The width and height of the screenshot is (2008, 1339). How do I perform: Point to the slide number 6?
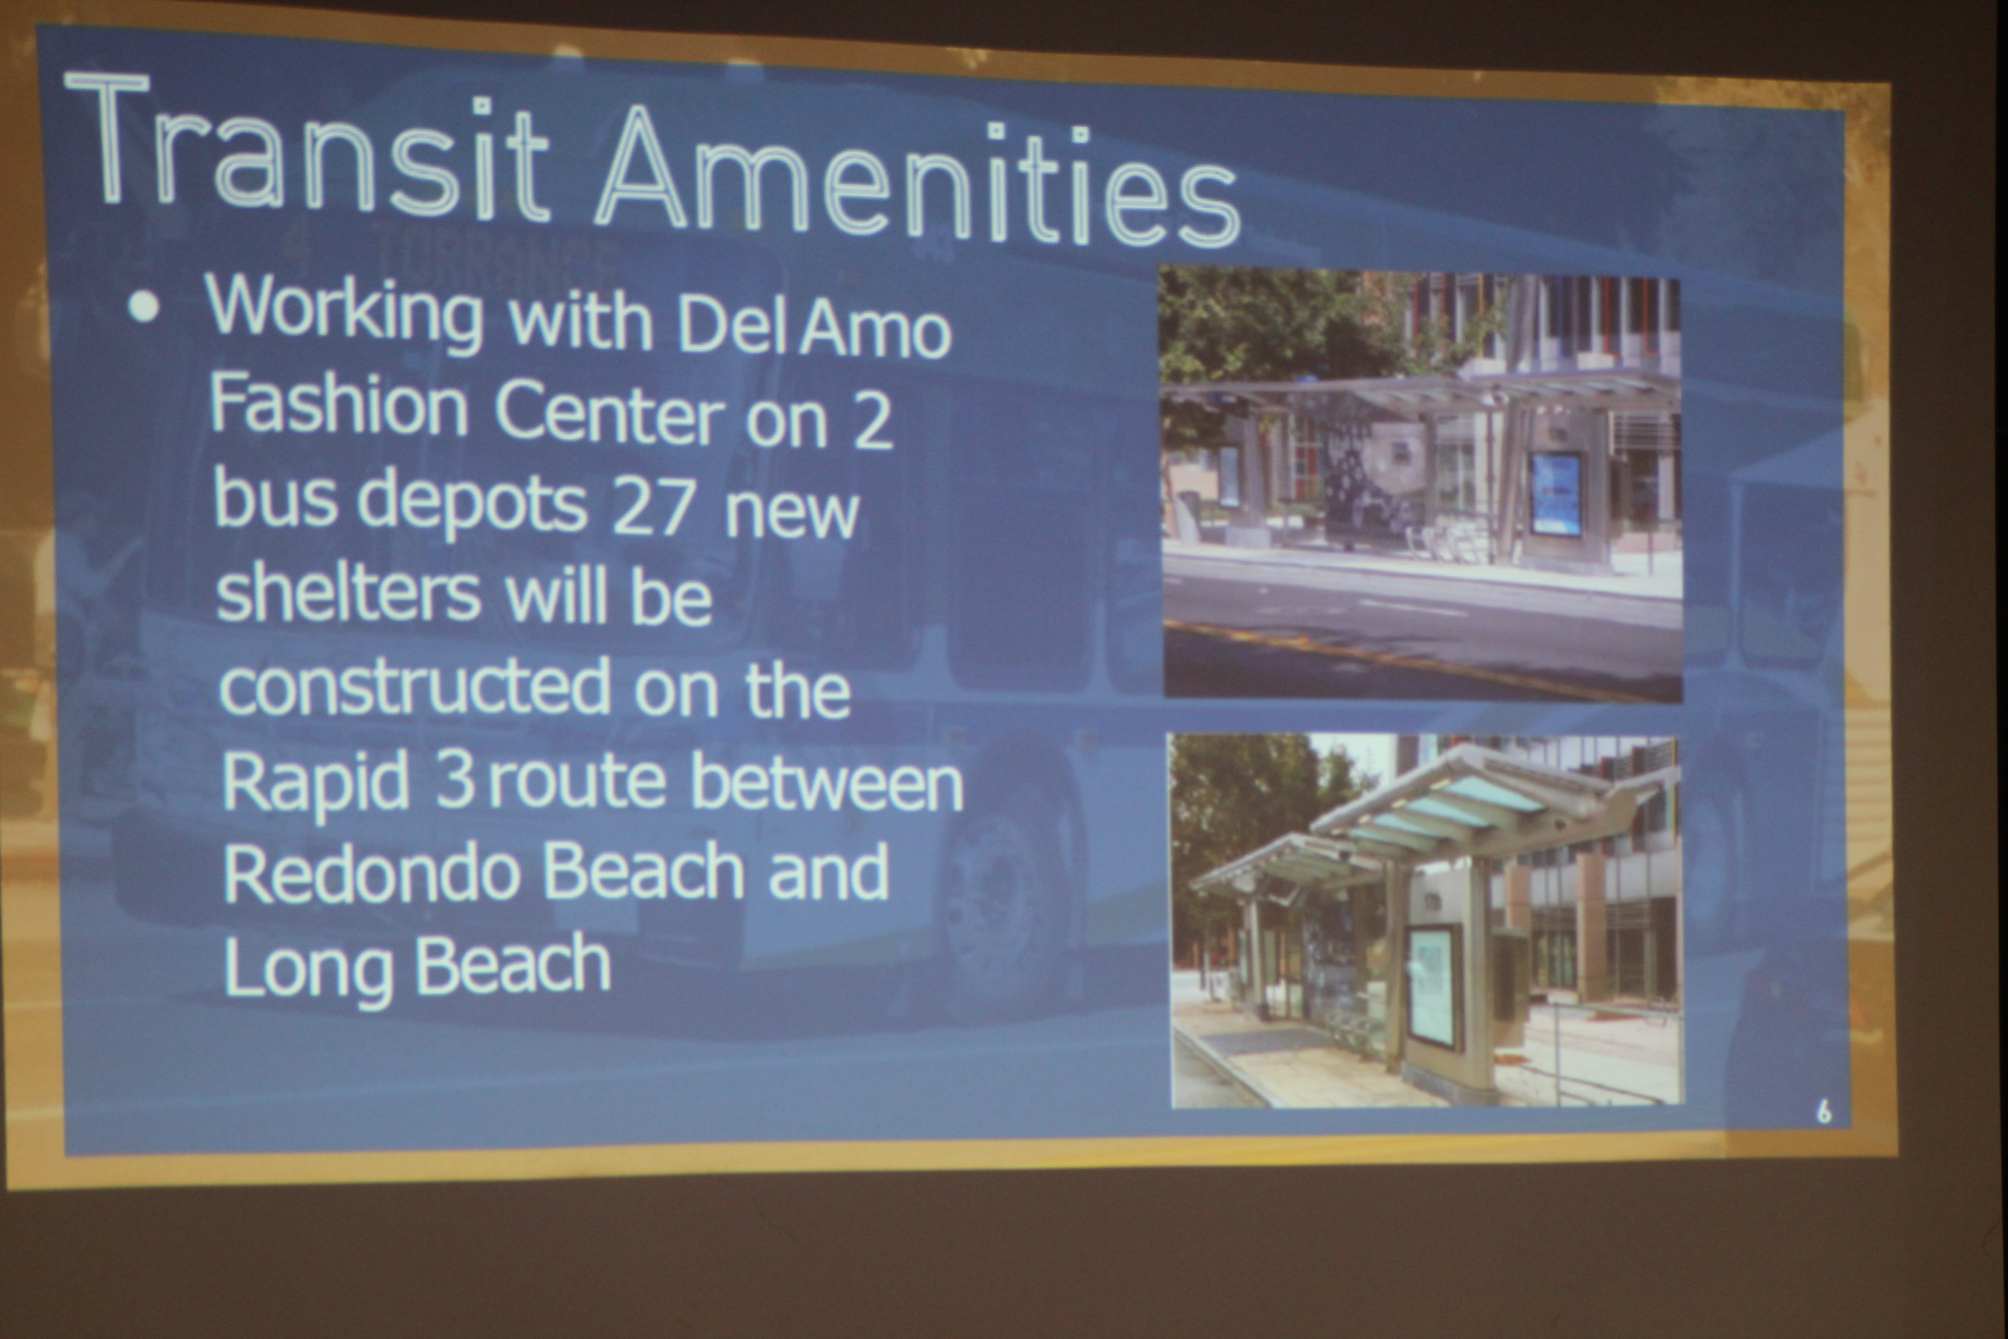(x=1823, y=1111)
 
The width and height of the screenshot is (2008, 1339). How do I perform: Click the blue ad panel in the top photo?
(x=1556, y=495)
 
